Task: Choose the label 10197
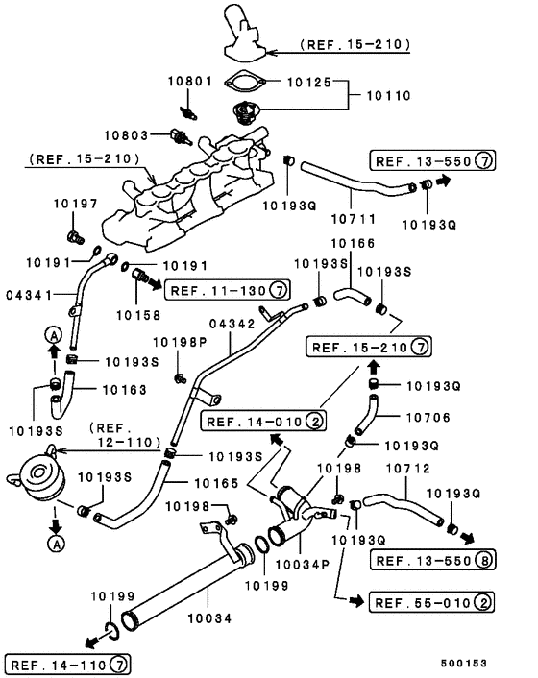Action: [73, 205]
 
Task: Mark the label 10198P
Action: [179, 341]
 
